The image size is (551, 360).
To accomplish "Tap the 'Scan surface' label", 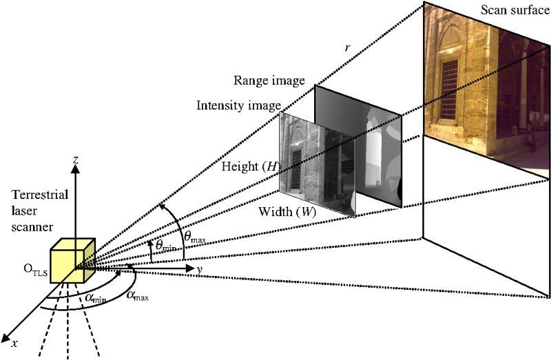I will [x=515, y=10].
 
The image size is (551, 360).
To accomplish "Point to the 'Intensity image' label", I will [x=239, y=105].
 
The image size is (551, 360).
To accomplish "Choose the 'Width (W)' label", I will [x=287, y=211].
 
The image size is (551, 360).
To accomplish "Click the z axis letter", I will [x=76, y=160].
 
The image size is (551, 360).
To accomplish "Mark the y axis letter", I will [x=198, y=269].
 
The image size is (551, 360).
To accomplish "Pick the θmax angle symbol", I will [x=193, y=225].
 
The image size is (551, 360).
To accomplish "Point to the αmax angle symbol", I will [x=138, y=295].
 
